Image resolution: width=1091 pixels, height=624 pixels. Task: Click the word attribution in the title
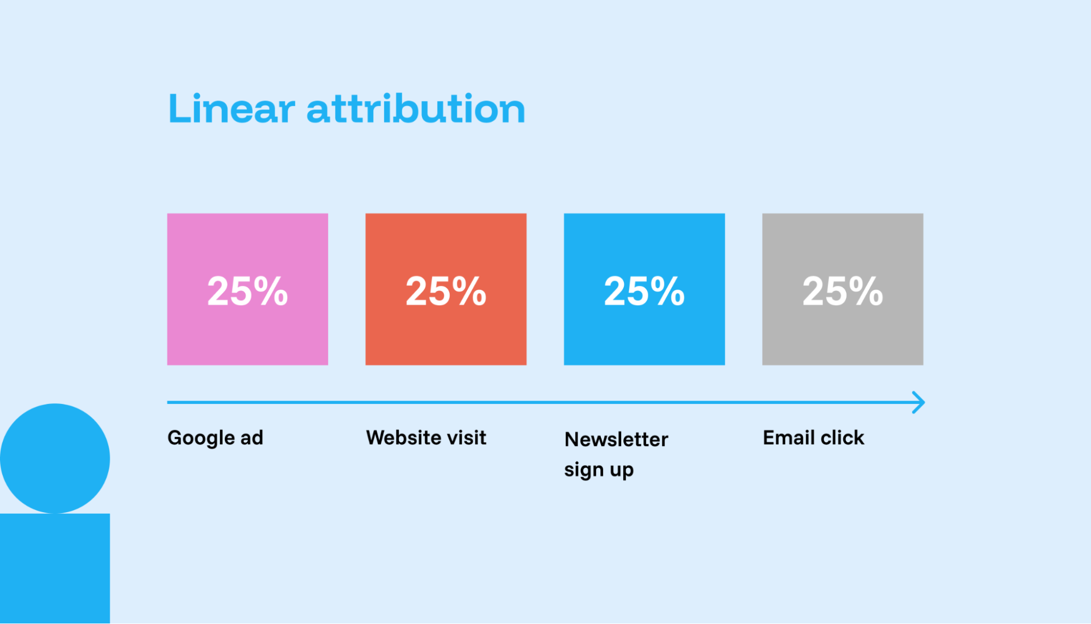point(416,109)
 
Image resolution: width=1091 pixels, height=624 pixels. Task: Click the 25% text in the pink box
point(247,291)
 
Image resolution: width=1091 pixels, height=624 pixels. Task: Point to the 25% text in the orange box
point(445,291)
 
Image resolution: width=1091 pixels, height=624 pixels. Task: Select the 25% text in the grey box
point(842,291)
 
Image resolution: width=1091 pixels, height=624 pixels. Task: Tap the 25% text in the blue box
point(644,291)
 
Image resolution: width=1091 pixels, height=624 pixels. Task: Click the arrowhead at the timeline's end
point(919,402)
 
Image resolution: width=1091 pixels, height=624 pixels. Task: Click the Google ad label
point(215,438)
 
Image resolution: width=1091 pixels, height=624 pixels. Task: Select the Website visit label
point(426,438)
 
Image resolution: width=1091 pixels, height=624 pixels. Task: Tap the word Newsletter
point(616,439)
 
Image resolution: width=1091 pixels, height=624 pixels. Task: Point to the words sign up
point(599,470)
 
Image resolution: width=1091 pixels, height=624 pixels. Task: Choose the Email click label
point(813,438)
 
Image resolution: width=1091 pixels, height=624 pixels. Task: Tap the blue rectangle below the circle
point(55,568)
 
